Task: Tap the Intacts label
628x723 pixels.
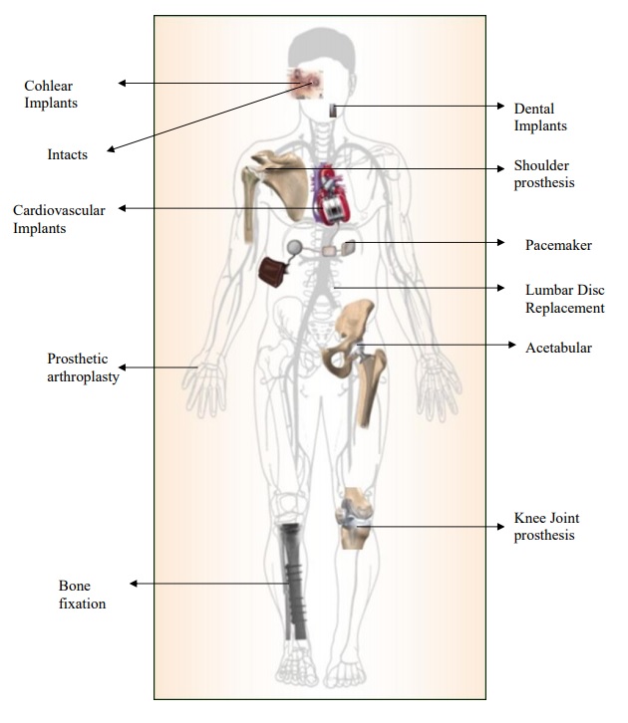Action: click(x=68, y=154)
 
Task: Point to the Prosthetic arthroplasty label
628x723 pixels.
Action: click(x=84, y=367)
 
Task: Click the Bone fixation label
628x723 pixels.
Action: click(x=82, y=594)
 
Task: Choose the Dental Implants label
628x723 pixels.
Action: click(x=540, y=117)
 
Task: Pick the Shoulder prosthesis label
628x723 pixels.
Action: click(x=544, y=174)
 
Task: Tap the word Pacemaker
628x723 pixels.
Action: click(x=558, y=244)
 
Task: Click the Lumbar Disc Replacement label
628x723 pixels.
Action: click(x=564, y=299)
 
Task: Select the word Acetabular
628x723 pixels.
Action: click(x=558, y=348)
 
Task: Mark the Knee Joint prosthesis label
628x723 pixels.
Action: click(x=546, y=527)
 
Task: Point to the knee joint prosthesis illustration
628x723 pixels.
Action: click(x=353, y=519)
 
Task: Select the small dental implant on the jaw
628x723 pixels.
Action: click(x=332, y=112)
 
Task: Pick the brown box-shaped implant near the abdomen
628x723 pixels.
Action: click(x=272, y=271)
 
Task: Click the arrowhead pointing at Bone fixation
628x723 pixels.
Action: click(x=135, y=584)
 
